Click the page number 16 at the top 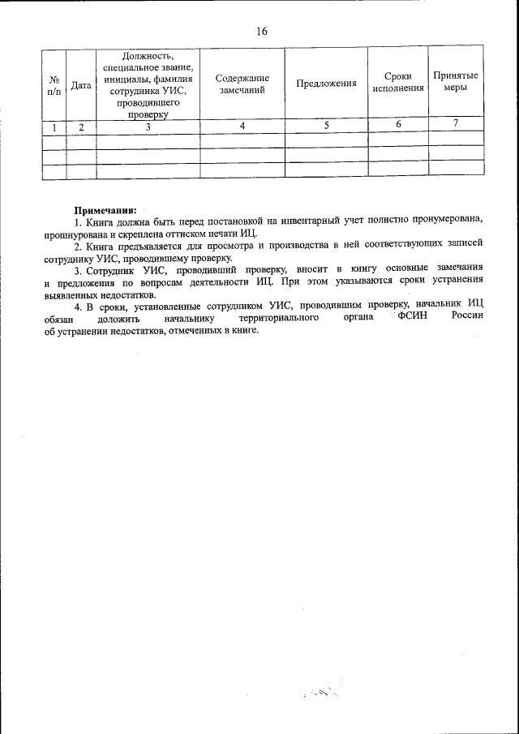(260, 32)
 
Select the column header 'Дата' (80, 84)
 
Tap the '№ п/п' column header (54, 84)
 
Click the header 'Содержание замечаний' (242, 84)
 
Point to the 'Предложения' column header (327, 84)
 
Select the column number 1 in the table (54, 127)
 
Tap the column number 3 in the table (148, 127)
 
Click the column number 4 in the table (242, 126)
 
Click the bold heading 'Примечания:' (105, 209)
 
